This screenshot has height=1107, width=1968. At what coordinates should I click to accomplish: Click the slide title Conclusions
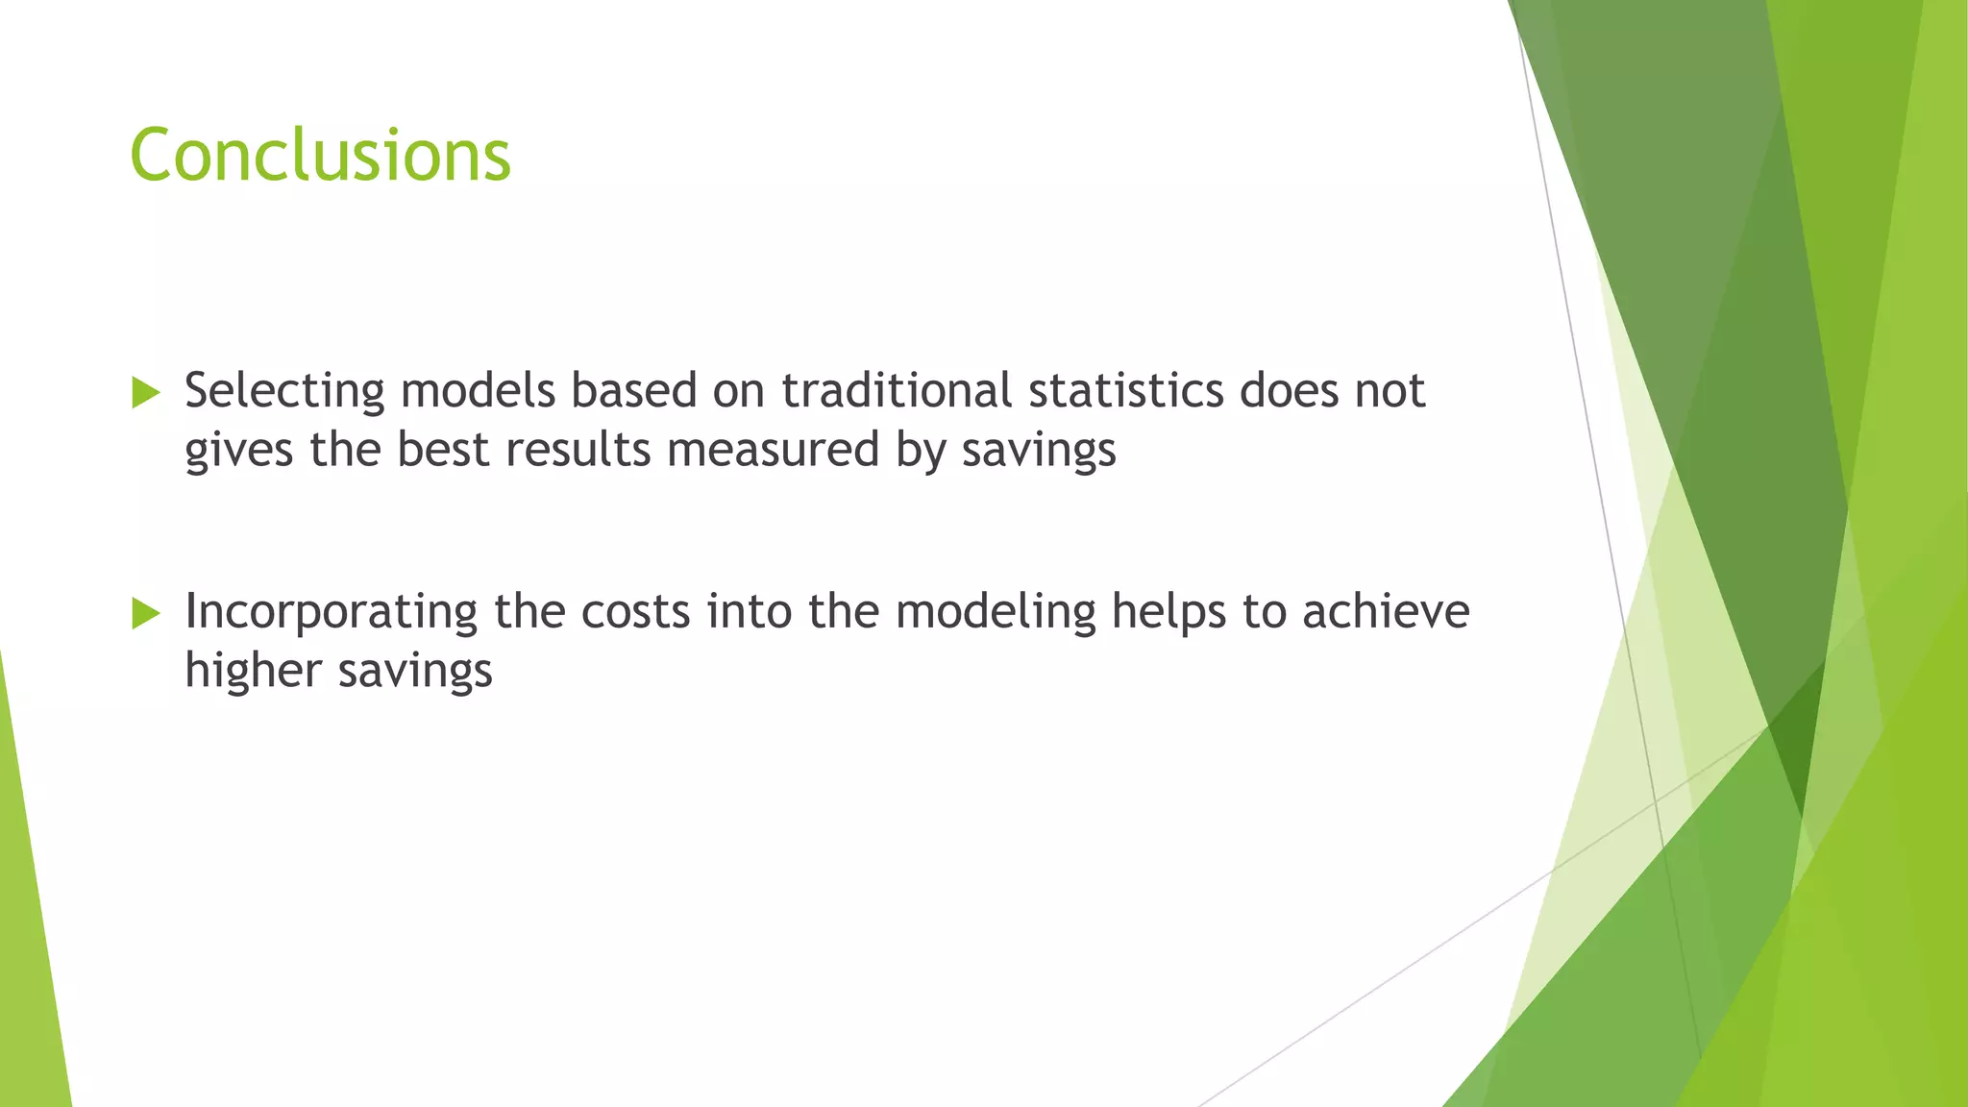pyautogui.click(x=320, y=155)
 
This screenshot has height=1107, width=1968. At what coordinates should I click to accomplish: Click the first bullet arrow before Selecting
pyautogui.click(x=145, y=392)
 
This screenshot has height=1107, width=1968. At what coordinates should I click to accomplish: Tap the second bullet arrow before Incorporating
pyautogui.click(x=145, y=613)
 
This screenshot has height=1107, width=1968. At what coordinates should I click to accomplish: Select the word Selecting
pyautogui.click(x=284, y=392)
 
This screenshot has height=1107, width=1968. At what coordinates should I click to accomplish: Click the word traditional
pyautogui.click(x=896, y=390)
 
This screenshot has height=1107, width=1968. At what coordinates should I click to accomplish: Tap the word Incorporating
pyautogui.click(x=331, y=612)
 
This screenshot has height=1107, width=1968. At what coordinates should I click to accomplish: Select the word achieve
pyautogui.click(x=1386, y=611)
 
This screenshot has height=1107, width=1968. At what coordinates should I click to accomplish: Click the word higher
pyautogui.click(x=253, y=671)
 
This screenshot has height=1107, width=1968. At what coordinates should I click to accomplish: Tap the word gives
pyautogui.click(x=238, y=450)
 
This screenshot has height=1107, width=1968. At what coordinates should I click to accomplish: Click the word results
pyautogui.click(x=578, y=449)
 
